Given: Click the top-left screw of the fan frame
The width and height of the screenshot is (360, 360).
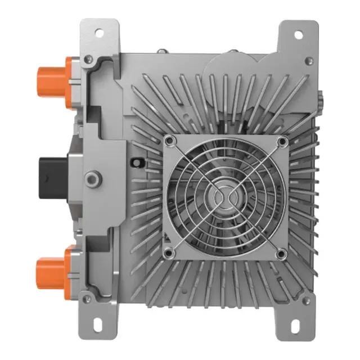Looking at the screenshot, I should pos(172,140).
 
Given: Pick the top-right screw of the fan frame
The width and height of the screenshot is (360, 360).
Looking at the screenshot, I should pos(281,140).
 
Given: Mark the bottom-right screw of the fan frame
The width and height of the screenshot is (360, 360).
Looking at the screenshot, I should pos(281,255).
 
